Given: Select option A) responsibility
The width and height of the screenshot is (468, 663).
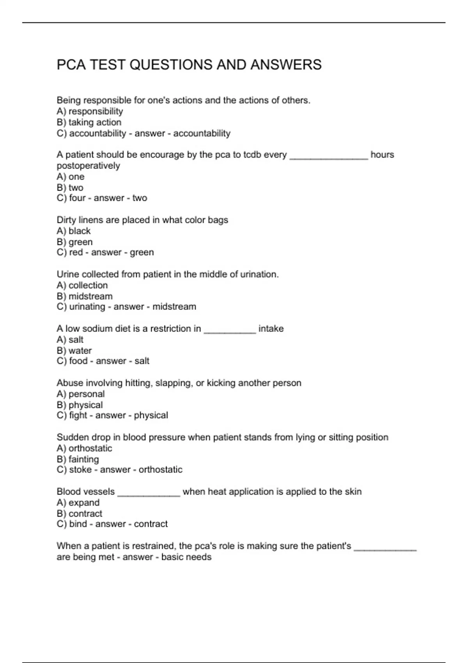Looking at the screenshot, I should point(90,112).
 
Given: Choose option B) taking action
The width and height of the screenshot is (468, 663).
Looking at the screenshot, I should point(89,122).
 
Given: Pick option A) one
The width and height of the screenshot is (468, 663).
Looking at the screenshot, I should point(71,177).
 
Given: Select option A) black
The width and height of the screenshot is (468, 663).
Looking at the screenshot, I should point(74,231).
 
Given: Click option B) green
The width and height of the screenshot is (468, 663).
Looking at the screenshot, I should point(75,242).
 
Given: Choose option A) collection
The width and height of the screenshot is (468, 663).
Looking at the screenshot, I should point(82,285).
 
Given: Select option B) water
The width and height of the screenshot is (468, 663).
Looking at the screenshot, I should point(74,351).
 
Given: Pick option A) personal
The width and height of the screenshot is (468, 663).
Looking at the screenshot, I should point(81,394).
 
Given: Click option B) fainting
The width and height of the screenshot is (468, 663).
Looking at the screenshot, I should point(78,459).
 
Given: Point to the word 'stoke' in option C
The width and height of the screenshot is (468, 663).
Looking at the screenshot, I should point(80,470).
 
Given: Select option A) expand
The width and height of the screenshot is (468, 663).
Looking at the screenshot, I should point(78,502).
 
